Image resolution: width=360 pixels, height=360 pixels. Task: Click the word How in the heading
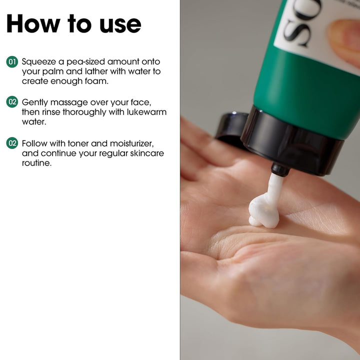[x=33, y=23]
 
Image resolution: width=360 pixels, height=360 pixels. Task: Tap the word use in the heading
[x=120, y=25]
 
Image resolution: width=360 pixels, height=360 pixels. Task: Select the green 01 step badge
[x=12, y=62]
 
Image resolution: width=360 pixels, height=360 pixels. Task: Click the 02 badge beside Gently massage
[x=12, y=102]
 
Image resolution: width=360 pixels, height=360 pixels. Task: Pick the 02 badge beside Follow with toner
[x=12, y=143]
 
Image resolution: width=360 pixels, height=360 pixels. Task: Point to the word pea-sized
[x=85, y=62]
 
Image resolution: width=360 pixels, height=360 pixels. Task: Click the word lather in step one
[x=96, y=71]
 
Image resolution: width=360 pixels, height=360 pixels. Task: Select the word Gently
[x=35, y=102]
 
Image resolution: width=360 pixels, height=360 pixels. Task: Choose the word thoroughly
[x=84, y=112]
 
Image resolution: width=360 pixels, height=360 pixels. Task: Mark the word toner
[x=78, y=143]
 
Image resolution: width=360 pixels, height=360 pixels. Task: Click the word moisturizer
[x=132, y=143]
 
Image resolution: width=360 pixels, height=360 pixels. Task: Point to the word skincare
[x=147, y=153]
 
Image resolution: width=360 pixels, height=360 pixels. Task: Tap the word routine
[x=36, y=163]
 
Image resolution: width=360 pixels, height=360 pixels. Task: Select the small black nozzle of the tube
[x=280, y=169]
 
